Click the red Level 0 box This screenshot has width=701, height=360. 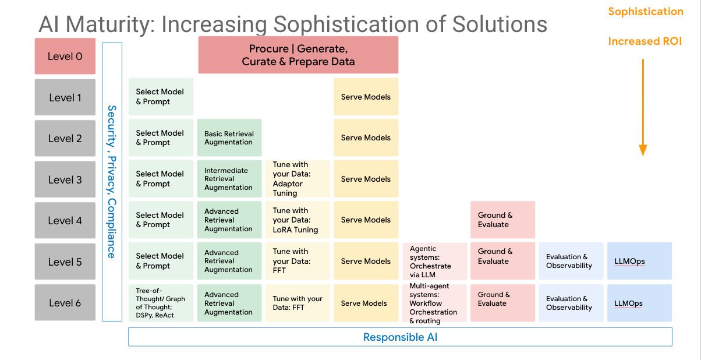point(65,56)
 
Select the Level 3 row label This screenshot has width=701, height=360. point(65,179)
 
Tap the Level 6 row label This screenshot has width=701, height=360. point(65,302)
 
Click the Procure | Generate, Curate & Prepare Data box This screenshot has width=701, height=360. point(298,55)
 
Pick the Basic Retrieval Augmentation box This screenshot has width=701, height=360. point(229,138)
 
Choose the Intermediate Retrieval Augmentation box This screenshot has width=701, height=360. point(229,179)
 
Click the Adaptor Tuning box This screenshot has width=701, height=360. point(297,179)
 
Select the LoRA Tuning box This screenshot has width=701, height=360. point(297,220)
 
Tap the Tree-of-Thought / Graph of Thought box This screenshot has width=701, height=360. point(161,303)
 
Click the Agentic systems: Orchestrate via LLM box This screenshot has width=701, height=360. point(434,262)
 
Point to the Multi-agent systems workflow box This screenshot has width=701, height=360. point(434,303)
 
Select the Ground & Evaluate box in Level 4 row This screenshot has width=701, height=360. point(502,220)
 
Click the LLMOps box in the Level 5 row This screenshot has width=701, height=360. point(639,262)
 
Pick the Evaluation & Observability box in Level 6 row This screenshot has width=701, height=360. point(571,303)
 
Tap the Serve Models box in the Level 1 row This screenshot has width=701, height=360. point(366,97)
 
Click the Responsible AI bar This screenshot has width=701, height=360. point(400,337)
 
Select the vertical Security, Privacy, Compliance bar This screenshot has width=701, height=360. point(112,181)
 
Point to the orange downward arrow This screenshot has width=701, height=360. point(643,108)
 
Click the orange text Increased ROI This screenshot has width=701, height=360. point(645,41)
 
